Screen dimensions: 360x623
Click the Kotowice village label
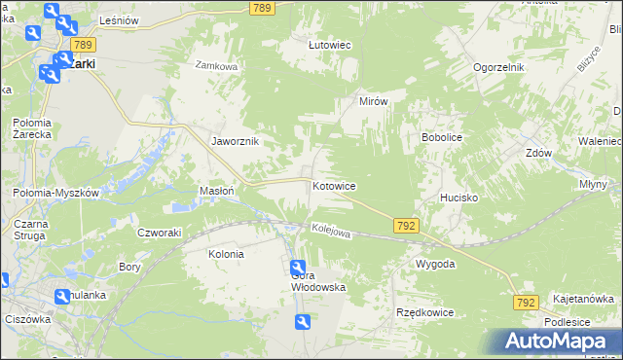pyautogui.click(x=333, y=186)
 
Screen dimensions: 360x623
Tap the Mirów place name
pyautogui.click(x=374, y=101)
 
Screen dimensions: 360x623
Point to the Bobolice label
pyautogui.click(x=441, y=138)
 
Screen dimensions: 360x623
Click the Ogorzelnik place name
pyautogui.click(x=499, y=67)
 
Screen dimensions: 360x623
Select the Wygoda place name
pyautogui.click(x=435, y=265)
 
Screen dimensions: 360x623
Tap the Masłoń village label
pyautogui.click(x=216, y=192)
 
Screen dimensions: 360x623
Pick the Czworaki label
pyautogui.click(x=160, y=233)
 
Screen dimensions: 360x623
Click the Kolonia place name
pyautogui.click(x=226, y=254)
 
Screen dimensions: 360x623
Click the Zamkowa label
pyautogui.click(x=216, y=66)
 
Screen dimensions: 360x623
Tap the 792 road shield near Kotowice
pyautogui.click(x=407, y=226)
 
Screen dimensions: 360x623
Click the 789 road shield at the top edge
pyautogui.click(x=261, y=8)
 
